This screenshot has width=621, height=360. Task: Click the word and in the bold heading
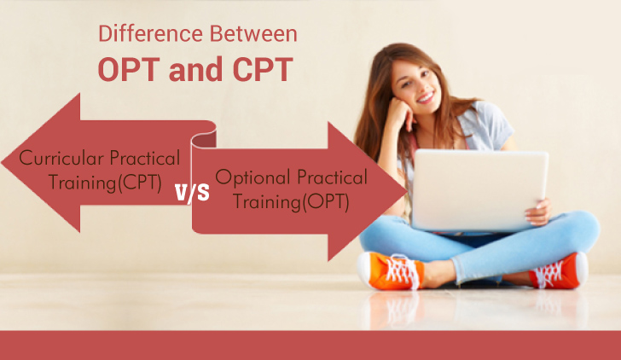coord(194,68)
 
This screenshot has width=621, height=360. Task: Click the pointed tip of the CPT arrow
coord(7,161)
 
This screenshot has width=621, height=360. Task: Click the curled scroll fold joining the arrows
coord(205,137)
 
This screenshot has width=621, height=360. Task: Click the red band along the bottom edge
coord(310,345)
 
